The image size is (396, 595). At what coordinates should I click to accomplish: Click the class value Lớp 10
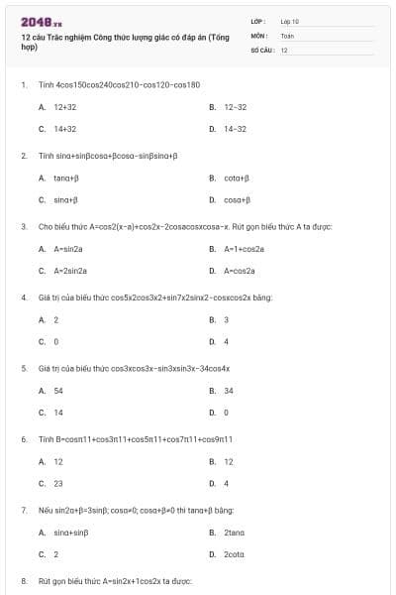289,20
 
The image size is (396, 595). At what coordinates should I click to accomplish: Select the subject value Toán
287,35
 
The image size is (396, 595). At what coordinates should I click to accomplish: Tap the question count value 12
284,50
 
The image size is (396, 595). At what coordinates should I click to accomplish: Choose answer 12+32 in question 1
64,106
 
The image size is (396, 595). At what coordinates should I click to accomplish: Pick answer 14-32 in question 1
235,129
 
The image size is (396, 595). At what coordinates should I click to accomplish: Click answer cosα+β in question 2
236,199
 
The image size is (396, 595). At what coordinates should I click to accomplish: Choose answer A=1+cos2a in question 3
244,249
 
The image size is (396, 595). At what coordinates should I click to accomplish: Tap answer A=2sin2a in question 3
70,271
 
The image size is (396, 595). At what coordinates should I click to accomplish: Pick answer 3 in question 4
227,319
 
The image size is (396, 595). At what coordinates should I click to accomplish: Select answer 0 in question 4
56,342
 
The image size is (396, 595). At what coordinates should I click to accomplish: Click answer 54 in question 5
58,391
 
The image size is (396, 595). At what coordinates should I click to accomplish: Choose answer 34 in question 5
229,391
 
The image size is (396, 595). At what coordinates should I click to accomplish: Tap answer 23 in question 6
58,484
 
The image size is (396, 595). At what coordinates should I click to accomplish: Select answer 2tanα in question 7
234,533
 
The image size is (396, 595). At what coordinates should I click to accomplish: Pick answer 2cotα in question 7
234,555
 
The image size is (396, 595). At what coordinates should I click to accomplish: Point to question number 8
24,580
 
